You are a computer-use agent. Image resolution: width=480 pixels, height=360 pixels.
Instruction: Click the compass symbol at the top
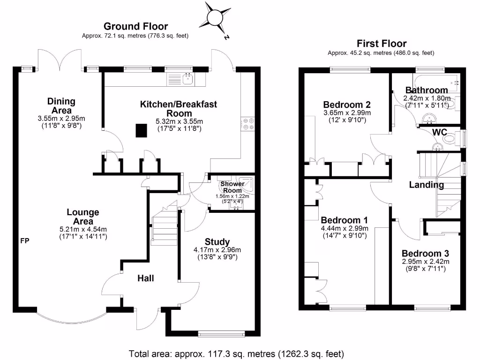point(216,18)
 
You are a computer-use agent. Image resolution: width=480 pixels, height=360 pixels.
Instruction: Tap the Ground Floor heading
point(135,26)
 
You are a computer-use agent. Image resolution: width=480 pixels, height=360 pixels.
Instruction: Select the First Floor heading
point(381,43)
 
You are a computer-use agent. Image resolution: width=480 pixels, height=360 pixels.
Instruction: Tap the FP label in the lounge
point(24,241)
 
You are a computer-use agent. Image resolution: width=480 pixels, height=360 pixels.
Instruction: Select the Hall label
point(145,278)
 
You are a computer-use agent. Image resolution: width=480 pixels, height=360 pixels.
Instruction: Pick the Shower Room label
point(232,187)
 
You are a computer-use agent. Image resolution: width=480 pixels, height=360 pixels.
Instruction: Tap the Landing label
point(426,185)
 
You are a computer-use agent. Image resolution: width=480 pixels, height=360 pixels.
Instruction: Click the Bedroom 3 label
point(425,253)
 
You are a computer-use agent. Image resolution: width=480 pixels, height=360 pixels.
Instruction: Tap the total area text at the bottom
point(237,353)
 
